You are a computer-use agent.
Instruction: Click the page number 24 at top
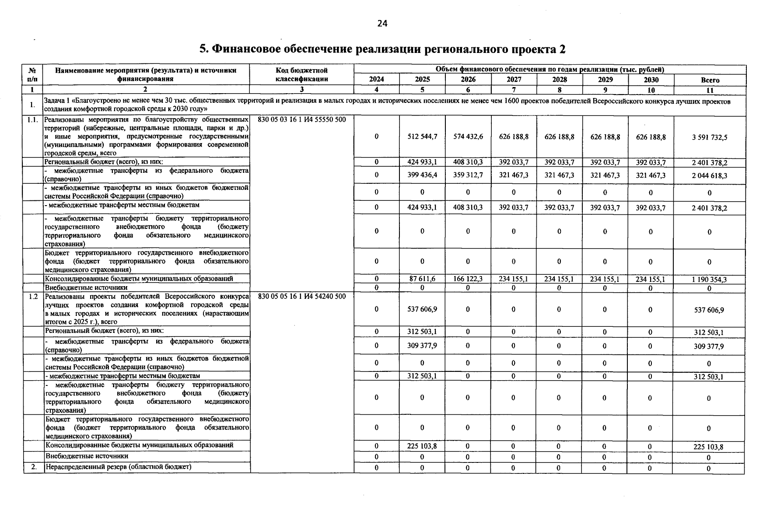[x=382, y=24]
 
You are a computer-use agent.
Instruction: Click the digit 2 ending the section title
[x=562, y=49]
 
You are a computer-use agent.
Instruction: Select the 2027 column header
[x=514, y=80]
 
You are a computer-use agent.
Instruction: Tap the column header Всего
[x=710, y=80]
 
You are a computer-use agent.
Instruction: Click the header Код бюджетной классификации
[x=301, y=75]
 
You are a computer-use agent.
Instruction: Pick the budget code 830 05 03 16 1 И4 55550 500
[x=301, y=120]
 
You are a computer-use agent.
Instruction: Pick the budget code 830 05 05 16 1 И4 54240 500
[x=301, y=297]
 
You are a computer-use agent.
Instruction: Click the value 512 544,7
[x=422, y=137]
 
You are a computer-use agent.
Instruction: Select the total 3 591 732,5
[x=709, y=137]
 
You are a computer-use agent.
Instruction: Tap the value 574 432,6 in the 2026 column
[x=468, y=137]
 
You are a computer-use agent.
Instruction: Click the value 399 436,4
[x=422, y=175]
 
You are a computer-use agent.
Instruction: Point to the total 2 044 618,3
[x=709, y=175]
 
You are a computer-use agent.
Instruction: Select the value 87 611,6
[x=422, y=279]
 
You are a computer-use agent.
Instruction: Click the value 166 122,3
[x=468, y=279]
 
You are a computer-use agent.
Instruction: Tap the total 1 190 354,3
[x=709, y=280]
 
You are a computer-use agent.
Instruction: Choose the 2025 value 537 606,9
[x=422, y=309]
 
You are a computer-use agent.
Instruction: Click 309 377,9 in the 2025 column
[x=422, y=346]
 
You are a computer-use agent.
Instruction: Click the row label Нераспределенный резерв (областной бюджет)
[x=118, y=467]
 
